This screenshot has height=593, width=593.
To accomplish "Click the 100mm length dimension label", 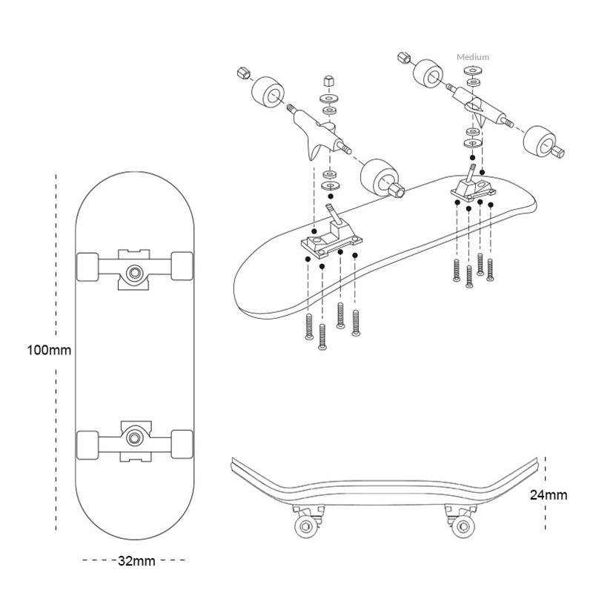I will click(x=49, y=349).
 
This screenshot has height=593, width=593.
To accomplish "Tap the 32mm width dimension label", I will click(x=136, y=560).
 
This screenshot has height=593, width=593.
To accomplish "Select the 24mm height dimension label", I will click(x=549, y=494).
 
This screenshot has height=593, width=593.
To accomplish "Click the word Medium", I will click(x=473, y=57).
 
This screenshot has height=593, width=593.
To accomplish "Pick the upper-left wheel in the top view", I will click(x=87, y=266).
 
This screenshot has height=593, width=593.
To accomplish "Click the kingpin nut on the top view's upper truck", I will click(x=135, y=272).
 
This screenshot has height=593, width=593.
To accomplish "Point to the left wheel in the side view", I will click(x=305, y=527).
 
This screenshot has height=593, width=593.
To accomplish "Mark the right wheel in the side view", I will click(x=463, y=527).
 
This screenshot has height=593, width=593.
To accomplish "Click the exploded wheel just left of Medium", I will click(x=431, y=74).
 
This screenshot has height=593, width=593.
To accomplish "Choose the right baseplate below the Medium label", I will click(x=472, y=191).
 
